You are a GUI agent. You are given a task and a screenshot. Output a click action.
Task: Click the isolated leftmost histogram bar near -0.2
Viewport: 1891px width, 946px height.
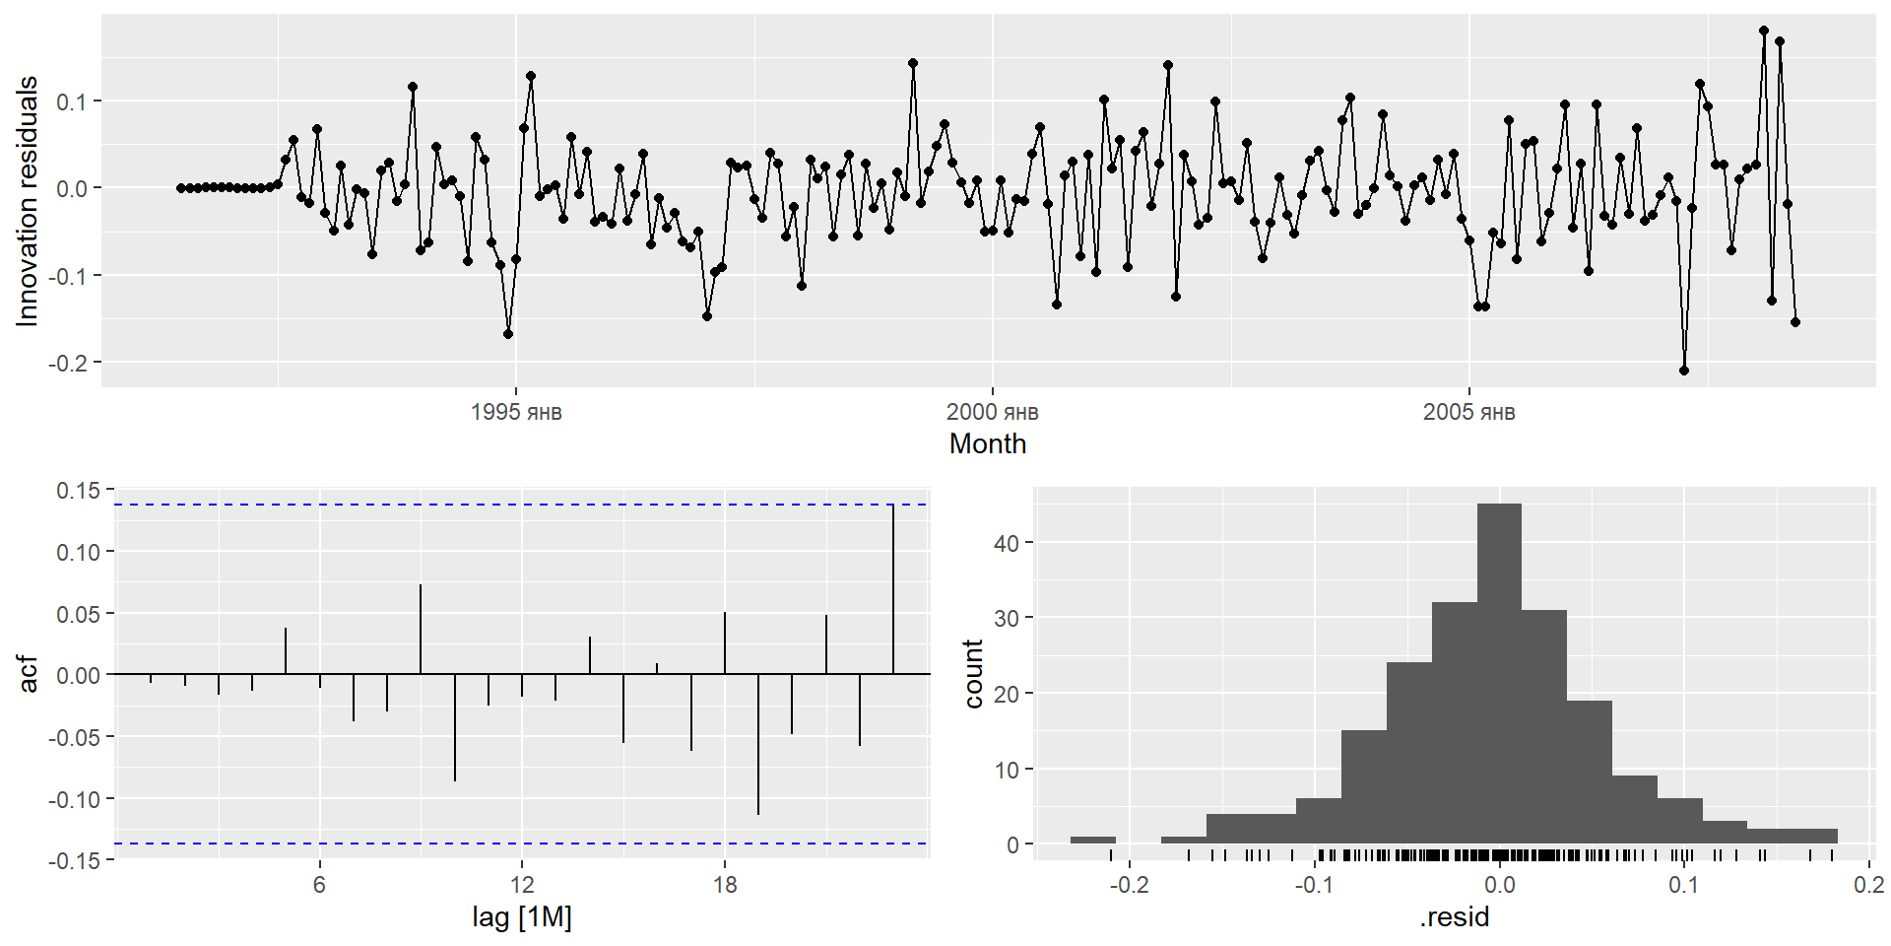pyautogui.click(x=1093, y=841)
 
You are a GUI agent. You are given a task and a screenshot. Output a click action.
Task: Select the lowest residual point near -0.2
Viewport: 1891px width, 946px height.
pyautogui.click(x=1684, y=371)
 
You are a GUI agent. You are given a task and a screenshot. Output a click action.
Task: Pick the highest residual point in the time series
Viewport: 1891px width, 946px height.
pyautogui.click(x=1764, y=31)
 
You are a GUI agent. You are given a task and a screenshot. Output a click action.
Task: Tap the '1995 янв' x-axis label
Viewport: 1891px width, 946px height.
pyautogui.click(x=516, y=412)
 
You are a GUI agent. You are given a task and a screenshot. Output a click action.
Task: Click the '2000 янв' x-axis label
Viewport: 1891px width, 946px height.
pyautogui.click(x=992, y=412)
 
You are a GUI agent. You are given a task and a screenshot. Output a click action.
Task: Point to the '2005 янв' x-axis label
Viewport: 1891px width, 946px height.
pyautogui.click(x=1468, y=412)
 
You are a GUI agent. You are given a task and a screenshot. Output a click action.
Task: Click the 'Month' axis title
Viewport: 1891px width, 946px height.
pyautogui.click(x=987, y=444)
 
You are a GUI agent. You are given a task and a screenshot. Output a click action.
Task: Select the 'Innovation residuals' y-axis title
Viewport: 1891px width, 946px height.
pyautogui.click(x=28, y=201)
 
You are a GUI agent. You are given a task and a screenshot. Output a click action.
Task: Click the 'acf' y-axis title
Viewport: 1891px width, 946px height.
pyautogui.click(x=30, y=674)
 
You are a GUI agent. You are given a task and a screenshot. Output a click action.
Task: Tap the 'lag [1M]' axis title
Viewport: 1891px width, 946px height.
pyautogui.click(x=522, y=918)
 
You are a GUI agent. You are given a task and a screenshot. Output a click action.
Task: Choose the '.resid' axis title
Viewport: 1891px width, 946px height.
pyautogui.click(x=1454, y=918)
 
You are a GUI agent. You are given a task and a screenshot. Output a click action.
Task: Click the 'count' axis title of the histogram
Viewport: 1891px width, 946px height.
pyautogui.click(x=973, y=674)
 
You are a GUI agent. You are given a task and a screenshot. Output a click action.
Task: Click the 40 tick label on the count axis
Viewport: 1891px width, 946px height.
pyautogui.click(x=1006, y=543)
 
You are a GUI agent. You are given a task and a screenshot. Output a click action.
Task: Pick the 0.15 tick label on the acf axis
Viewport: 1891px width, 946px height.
pyautogui.click(x=78, y=491)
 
